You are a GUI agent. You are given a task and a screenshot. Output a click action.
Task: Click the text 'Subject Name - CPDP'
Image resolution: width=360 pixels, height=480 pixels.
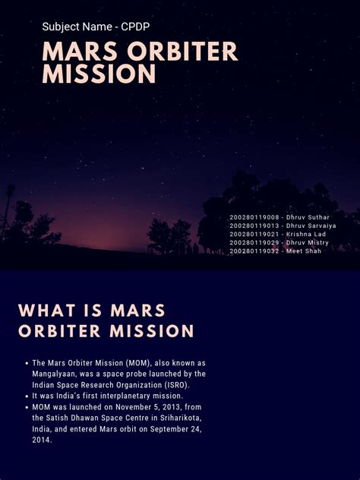click(x=96, y=27)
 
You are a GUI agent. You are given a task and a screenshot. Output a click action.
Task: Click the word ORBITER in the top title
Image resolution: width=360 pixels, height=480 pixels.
click(x=182, y=51)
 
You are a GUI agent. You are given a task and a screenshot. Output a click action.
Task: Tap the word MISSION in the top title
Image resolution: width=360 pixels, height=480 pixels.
click(x=99, y=74)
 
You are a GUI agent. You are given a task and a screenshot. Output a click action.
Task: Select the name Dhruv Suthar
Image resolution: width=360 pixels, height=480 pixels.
click(x=308, y=217)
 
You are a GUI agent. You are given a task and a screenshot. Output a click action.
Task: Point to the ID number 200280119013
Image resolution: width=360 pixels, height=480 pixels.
click(x=254, y=226)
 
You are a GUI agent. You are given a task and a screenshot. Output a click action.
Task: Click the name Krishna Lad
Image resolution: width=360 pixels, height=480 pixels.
click(x=306, y=234)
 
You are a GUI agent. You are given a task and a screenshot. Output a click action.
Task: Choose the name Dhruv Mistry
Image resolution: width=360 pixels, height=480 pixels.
click(x=307, y=243)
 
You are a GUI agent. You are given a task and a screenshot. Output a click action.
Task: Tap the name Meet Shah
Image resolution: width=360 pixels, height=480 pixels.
click(x=304, y=251)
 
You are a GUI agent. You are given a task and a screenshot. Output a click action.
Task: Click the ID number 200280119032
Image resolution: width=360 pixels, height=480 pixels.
click(x=254, y=251)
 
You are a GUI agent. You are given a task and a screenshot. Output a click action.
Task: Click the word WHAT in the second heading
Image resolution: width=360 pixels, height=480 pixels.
click(x=47, y=311)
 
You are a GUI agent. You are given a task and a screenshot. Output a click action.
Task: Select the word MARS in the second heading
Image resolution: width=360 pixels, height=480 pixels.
click(x=137, y=311)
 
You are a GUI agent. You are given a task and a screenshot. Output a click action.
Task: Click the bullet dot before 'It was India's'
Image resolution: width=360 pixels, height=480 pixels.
click(x=27, y=396)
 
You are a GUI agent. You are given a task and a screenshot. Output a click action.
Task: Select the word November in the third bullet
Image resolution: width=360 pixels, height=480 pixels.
click(x=132, y=407)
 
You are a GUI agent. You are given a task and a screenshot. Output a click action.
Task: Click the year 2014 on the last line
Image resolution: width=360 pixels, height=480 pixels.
click(x=42, y=441)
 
